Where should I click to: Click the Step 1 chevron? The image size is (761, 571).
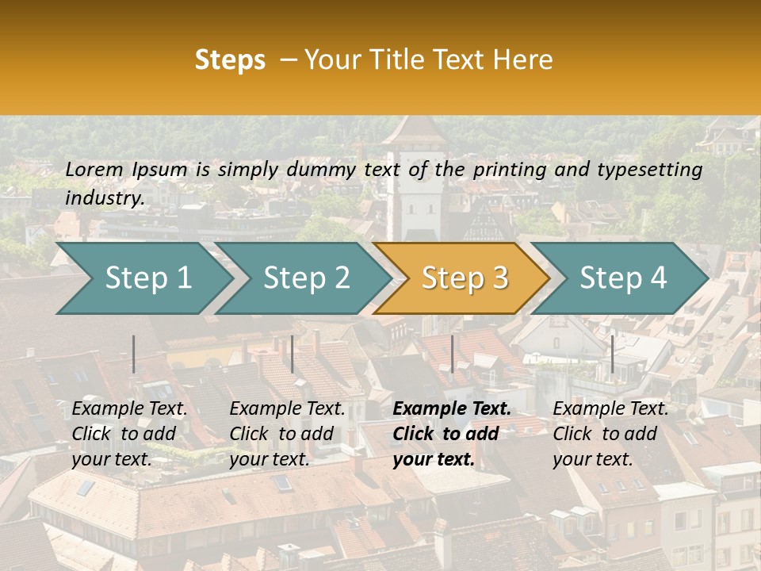pyautogui.click(x=147, y=278)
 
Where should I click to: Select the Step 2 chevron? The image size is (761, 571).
pyautogui.click(x=306, y=278)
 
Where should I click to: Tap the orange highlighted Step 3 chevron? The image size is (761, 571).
pyautogui.click(x=465, y=278)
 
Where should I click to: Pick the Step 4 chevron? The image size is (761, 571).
pyautogui.click(x=623, y=278)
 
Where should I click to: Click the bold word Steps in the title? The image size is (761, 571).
pyautogui.click(x=230, y=60)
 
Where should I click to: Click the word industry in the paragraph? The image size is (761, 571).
pyautogui.click(x=103, y=197)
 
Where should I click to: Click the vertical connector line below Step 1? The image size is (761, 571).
pyautogui.click(x=134, y=354)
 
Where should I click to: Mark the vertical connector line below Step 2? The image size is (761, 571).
pyautogui.click(x=293, y=354)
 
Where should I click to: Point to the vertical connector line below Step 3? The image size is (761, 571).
pyautogui.click(x=453, y=354)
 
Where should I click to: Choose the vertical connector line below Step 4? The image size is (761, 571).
pyautogui.click(x=612, y=354)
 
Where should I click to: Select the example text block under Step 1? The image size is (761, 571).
pyautogui.click(x=129, y=434)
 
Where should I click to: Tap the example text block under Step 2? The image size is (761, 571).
pyautogui.click(x=287, y=434)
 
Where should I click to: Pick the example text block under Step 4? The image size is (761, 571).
pyautogui.click(x=610, y=434)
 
